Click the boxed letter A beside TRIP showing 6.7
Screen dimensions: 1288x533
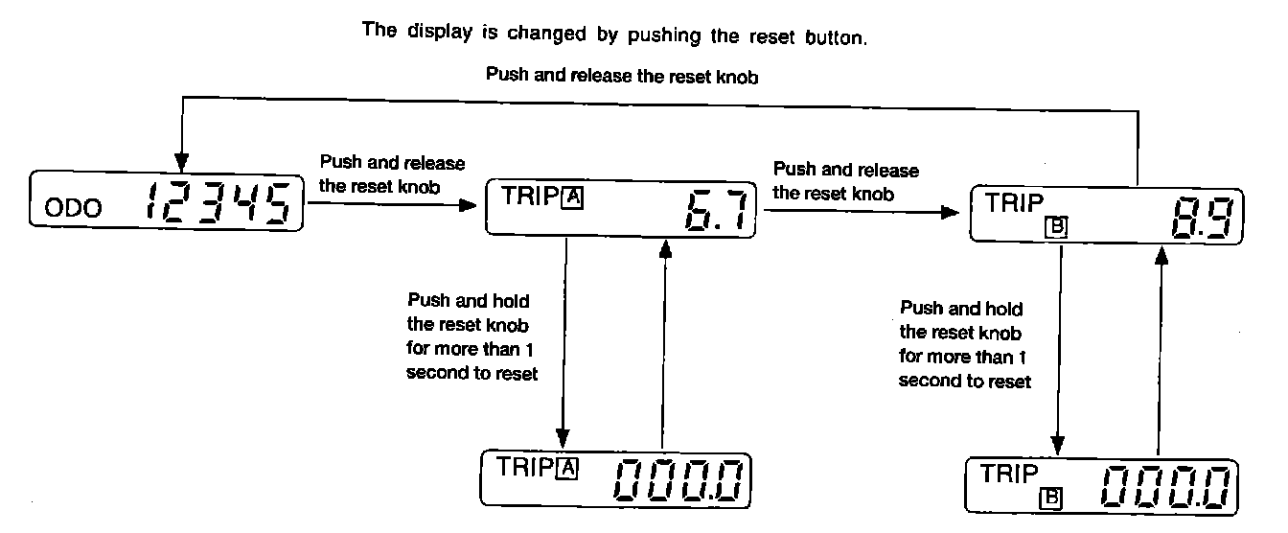point(572,198)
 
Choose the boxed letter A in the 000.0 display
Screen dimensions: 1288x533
point(567,468)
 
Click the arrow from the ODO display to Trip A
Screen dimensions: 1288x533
point(393,203)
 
